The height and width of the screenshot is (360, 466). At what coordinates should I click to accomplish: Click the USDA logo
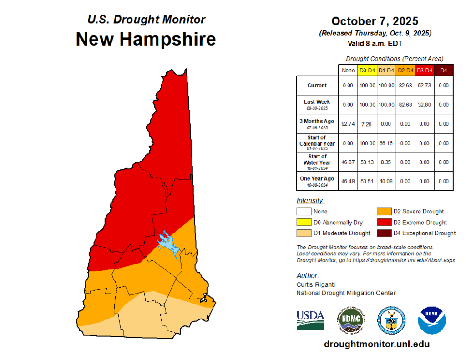point(310,320)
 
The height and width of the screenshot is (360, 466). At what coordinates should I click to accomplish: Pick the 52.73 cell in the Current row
point(424,86)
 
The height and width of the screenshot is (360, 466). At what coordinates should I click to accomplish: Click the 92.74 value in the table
point(348,124)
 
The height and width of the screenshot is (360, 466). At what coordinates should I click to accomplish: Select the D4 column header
point(443,71)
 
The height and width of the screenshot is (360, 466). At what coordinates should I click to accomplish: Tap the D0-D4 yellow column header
point(366,71)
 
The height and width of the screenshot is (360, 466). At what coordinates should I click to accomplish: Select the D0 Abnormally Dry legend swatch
point(304,223)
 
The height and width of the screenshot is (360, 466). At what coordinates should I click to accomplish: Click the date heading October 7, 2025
point(375,21)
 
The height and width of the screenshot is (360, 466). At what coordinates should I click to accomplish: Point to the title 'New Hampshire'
point(146,39)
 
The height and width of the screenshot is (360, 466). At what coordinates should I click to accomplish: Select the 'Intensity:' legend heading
point(310,201)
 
